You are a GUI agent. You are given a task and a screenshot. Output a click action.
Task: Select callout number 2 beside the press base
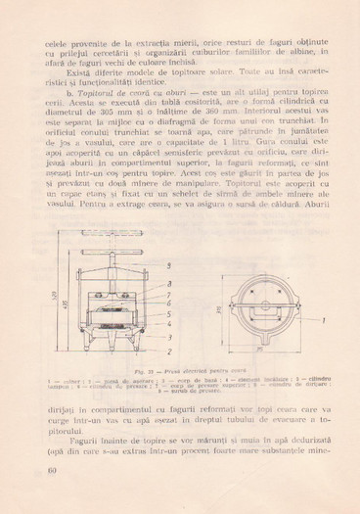pos(168,350)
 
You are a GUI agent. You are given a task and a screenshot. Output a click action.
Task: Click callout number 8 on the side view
pos(168,282)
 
